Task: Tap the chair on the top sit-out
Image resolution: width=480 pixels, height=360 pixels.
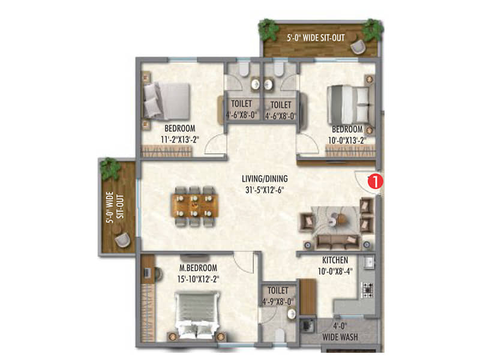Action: coord(358,46)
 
